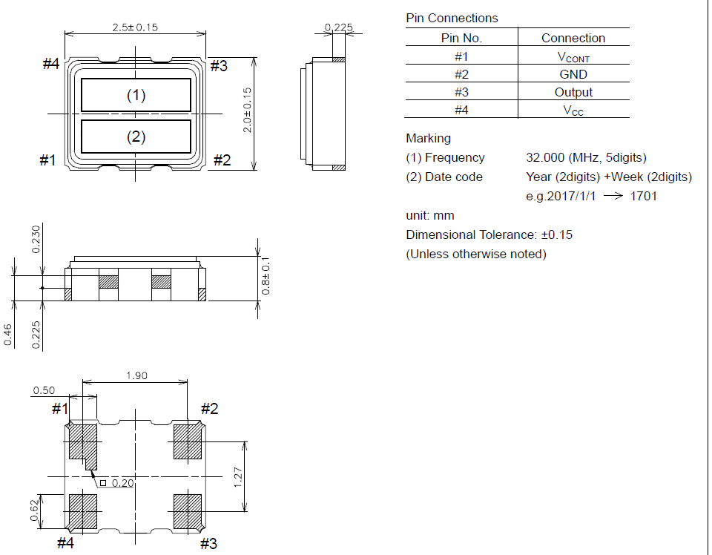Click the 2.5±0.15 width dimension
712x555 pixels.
tap(135, 27)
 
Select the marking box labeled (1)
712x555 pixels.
tap(136, 95)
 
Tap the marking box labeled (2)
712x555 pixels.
tap(136, 137)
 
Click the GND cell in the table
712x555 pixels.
tap(573, 74)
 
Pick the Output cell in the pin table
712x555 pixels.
tap(573, 92)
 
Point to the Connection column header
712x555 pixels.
tap(573, 38)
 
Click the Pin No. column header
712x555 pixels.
tap(461, 38)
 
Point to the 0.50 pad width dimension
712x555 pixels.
tap(44, 390)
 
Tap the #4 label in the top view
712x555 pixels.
tap(50, 65)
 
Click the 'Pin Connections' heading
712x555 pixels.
tap(452, 18)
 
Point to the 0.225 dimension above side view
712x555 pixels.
tap(338, 27)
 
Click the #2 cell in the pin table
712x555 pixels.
tap(461, 74)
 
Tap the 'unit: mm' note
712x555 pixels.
tap(430, 215)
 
